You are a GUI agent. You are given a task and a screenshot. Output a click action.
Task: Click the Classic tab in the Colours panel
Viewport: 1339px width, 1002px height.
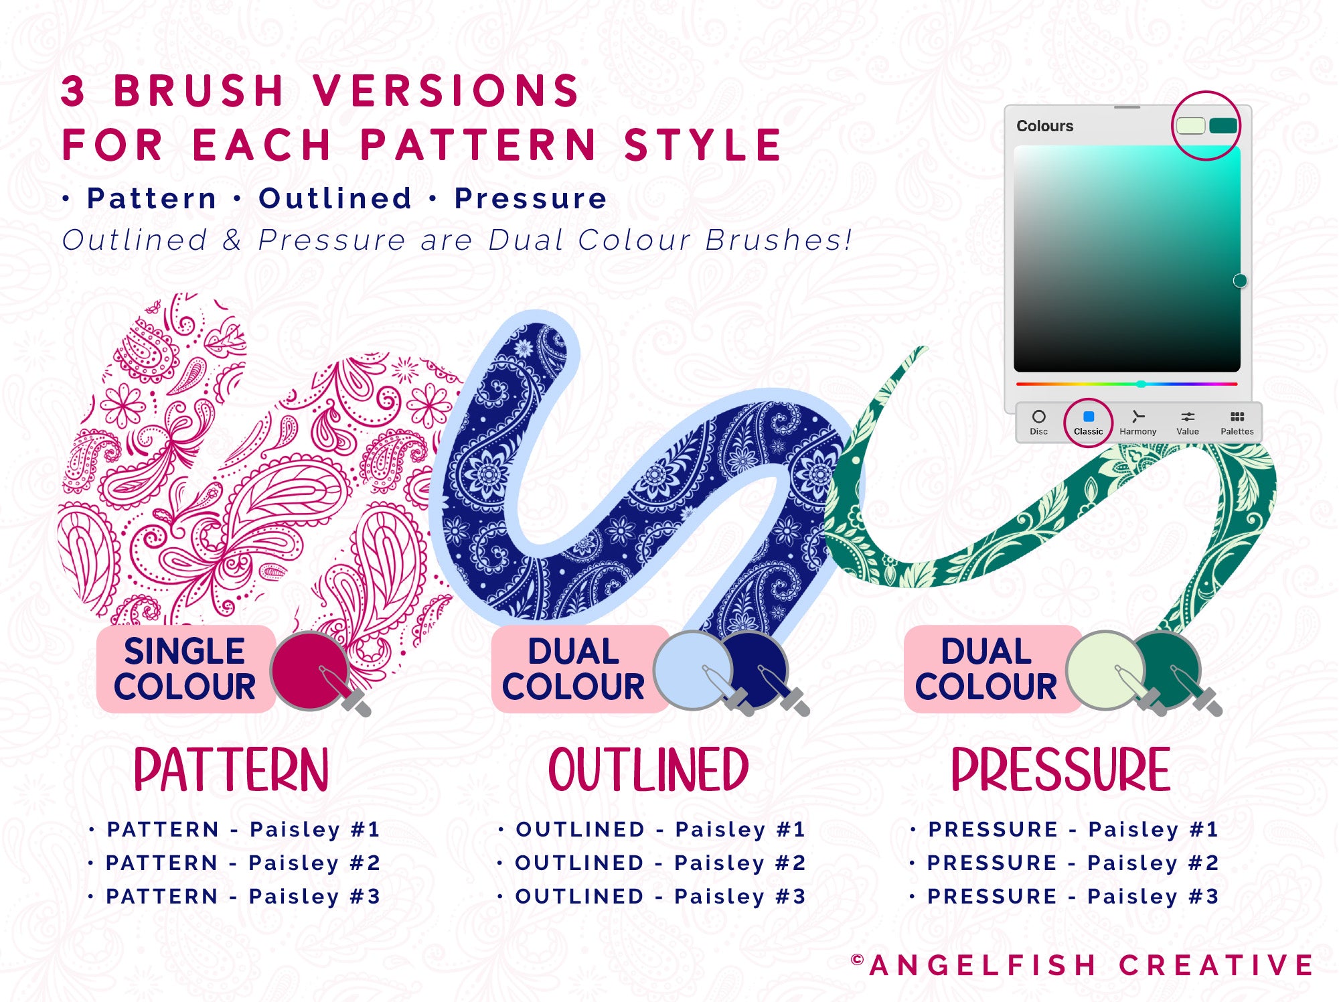tap(1088, 423)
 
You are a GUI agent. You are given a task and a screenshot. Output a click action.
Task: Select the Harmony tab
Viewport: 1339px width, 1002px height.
tap(1137, 423)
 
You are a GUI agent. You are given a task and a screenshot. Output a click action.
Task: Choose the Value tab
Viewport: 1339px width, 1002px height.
tap(1188, 423)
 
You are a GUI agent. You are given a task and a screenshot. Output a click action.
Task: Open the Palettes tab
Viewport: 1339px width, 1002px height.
tap(1237, 423)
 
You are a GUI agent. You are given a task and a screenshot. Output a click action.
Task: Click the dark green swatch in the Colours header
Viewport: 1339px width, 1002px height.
tap(1223, 125)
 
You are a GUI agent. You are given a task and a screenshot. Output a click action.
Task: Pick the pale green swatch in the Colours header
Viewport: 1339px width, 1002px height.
tap(1191, 125)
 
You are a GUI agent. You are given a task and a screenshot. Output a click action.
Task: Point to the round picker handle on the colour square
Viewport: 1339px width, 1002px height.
tap(1240, 281)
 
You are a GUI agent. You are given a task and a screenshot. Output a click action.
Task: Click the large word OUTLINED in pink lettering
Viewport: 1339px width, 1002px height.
tap(648, 770)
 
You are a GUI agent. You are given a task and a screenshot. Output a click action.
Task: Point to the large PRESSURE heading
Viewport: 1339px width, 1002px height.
tap(1060, 770)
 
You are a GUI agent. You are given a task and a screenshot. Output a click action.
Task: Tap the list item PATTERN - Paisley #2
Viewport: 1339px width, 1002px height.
tap(243, 863)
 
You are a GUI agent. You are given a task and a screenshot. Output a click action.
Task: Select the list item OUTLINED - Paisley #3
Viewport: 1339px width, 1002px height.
tap(660, 897)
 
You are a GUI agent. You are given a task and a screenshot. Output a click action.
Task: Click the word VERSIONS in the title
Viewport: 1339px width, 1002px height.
tap(446, 90)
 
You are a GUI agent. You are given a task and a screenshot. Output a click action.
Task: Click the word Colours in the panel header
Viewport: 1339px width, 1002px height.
tap(1044, 126)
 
